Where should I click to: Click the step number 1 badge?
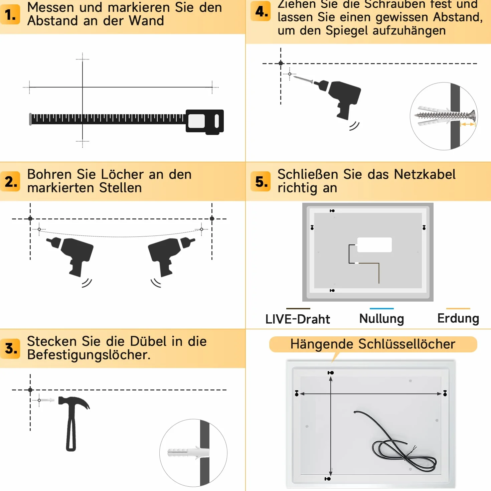(x=10, y=14)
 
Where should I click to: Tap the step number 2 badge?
(x=10, y=181)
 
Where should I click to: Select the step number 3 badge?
(x=10, y=349)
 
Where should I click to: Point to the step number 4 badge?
(x=261, y=11)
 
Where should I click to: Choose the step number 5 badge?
(x=261, y=181)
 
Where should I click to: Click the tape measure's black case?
(x=205, y=122)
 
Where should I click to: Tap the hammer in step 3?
(x=73, y=423)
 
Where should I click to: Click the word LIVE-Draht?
(x=298, y=319)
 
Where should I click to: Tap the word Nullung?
(x=381, y=319)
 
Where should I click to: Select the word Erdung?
(x=458, y=319)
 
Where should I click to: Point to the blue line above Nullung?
(x=381, y=309)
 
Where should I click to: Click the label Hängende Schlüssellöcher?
(x=373, y=344)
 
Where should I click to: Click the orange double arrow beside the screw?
(x=468, y=124)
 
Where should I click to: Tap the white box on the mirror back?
(x=374, y=245)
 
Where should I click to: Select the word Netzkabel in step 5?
(x=425, y=174)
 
